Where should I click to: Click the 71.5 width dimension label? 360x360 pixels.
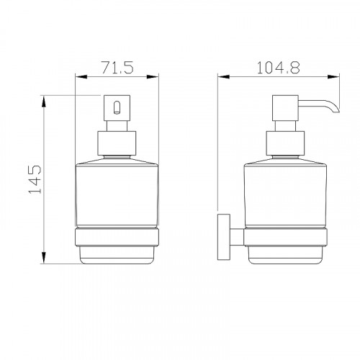tap(117, 67)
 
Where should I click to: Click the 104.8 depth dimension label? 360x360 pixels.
tap(278, 68)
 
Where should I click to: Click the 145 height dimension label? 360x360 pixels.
tap(35, 179)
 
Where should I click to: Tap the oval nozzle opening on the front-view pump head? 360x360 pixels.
tap(117, 108)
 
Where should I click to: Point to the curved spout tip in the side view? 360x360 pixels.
tap(336, 109)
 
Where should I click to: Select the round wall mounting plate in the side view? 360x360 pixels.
tap(224, 237)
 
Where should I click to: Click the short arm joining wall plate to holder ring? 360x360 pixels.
tap(237, 237)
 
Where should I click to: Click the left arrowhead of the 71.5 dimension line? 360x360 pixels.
tap(81, 77)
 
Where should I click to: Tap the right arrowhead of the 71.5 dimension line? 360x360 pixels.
tap(153, 77)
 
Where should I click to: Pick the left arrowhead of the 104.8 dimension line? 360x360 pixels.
tap(223, 77)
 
